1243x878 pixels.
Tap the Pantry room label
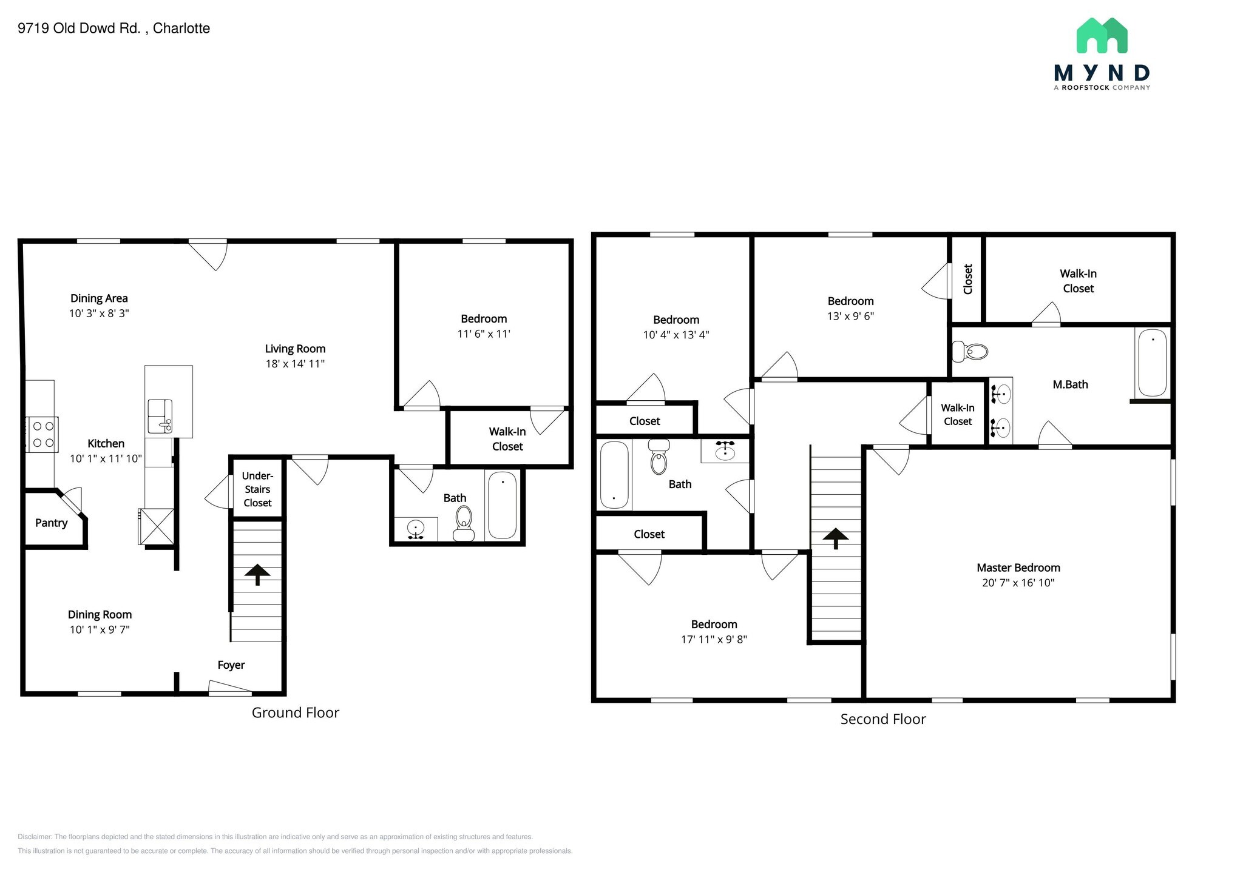pos(51,523)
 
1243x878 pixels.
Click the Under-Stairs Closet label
pos(257,489)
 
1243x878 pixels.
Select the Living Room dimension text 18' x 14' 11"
pos(295,364)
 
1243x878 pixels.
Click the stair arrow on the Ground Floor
pos(257,574)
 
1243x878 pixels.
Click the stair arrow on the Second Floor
pos(836,538)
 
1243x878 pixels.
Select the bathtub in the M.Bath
pos(1152,363)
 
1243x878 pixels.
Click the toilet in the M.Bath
pos(970,351)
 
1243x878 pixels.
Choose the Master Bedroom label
pos(1018,568)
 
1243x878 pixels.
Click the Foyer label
pos(231,665)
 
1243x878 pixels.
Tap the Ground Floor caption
pos(295,712)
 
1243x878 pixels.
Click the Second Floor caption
pos(882,719)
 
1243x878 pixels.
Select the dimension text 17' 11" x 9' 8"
pos(714,639)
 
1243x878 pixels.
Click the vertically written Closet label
pos(968,279)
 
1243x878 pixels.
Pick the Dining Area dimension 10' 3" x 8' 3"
pos(99,313)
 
